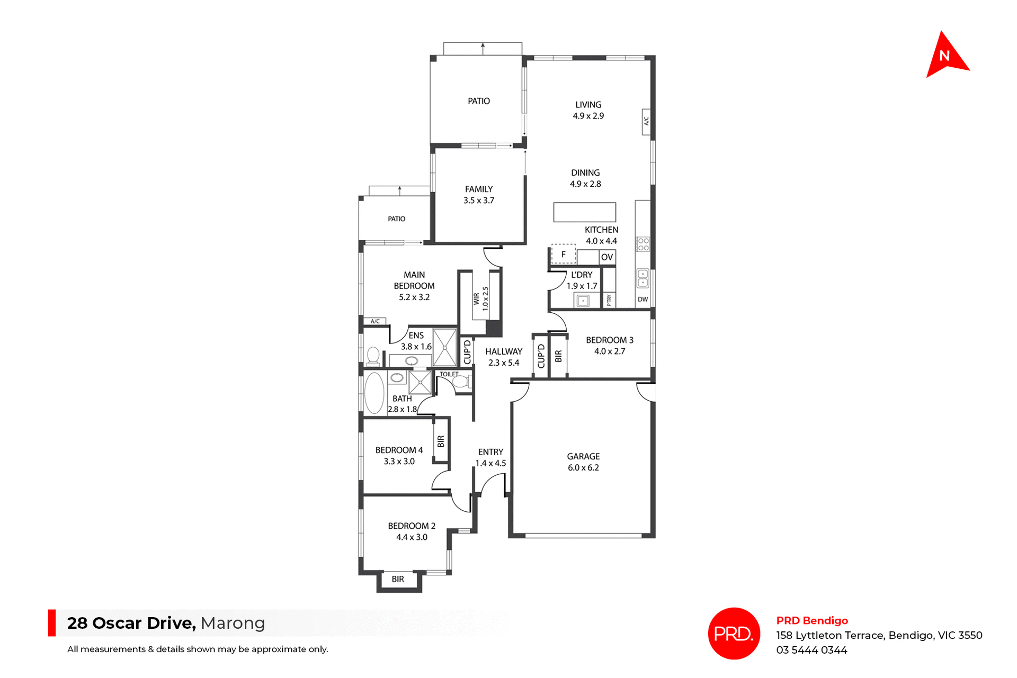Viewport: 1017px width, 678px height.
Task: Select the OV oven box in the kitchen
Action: tap(607, 257)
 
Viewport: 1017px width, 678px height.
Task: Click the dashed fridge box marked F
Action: tap(563, 255)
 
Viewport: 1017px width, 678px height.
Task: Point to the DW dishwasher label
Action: tap(643, 300)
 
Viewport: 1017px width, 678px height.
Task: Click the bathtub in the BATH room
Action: tap(374, 393)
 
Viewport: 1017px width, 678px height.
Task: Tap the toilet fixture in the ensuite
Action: tap(373, 356)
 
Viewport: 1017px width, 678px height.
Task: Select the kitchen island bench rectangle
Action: tap(585, 212)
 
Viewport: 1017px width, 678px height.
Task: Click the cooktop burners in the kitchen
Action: tap(643, 244)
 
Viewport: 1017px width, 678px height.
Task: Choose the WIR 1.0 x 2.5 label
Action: tap(481, 299)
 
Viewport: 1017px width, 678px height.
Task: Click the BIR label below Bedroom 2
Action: tap(398, 580)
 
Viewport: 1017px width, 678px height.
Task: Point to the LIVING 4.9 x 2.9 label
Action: tap(588, 110)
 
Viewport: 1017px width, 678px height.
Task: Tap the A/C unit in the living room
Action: tap(646, 121)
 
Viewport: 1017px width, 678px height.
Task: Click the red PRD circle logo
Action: tap(734, 634)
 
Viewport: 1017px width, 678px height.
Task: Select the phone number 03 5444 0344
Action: tap(811, 650)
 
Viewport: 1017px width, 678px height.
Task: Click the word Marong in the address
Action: tap(233, 623)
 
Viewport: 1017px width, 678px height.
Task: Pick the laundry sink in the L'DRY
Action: tap(583, 301)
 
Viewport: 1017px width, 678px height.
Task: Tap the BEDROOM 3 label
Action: tap(609, 346)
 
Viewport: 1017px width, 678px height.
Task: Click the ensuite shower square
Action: tap(444, 348)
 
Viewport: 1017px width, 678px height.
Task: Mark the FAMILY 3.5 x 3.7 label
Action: tap(479, 195)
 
